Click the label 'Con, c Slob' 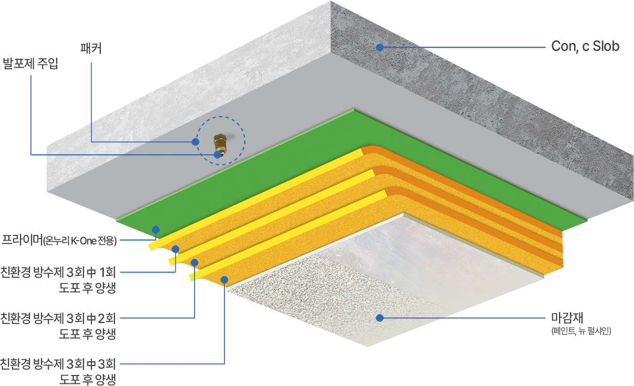[x=585, y=46]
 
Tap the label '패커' [x=91, y=49]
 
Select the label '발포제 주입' [x=31, y=65]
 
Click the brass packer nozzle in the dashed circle [x=220, y=142]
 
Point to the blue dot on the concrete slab [x=379, y=47]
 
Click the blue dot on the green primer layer [x=155, y=229]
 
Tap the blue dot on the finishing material [x=379, y=317]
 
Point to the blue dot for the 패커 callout [x=196, y=142]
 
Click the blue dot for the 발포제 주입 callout [x=217, y=155]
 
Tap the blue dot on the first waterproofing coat [x=176, y=249]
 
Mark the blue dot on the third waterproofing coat [x=224, y=280]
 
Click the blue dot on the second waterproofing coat [x=195, y=262]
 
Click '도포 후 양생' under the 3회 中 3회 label [x=87, y=379]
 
